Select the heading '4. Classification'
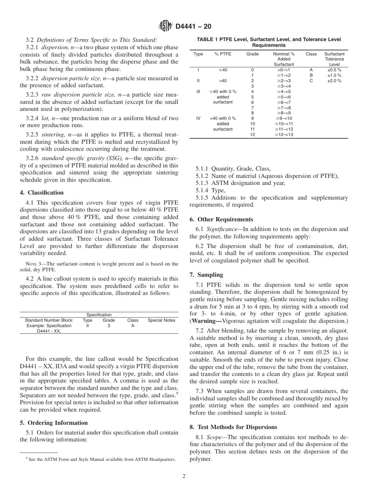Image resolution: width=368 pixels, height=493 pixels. click(x=42, y=193)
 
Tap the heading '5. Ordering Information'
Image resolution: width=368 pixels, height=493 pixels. click(x=54, y=423)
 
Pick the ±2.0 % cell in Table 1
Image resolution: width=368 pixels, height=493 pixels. click(x=334, y=81)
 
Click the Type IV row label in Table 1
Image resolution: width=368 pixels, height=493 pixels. click(x=198, y=118)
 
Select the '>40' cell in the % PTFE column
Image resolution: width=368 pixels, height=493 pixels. click(x=223, y=81)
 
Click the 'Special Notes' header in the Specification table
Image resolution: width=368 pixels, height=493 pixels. click(x=161, y=320)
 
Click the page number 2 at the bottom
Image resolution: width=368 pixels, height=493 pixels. click(x=184, y=476)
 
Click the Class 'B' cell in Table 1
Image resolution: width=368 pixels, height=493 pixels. click(x=311, y=75)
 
